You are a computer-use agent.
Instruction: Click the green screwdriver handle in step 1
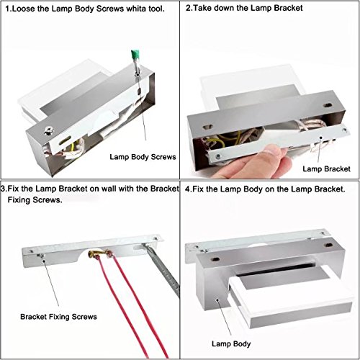click(x=136, y=55)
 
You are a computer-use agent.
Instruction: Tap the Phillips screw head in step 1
click(x=49, y=131)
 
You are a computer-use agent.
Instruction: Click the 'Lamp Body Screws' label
click(x=143, y=157)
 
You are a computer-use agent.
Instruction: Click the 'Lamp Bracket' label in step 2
click(x=326, y=168)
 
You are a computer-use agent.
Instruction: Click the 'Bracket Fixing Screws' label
click(x=58, y=317)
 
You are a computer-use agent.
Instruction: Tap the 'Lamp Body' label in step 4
click(x=231, y=343)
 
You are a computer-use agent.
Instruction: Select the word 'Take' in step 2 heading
click(x=202, y=8)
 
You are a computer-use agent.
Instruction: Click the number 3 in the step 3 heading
click(x=3, y=189)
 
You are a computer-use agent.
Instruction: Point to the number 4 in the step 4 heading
click(x=187, y=189)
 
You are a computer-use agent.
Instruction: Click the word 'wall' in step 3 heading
click(x=109, y=189)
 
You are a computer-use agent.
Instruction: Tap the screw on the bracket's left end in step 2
click(x=218, y=157)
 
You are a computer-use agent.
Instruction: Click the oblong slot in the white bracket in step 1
click(x=65, y=140)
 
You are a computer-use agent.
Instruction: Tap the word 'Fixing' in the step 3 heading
click(x=19, y=199)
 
